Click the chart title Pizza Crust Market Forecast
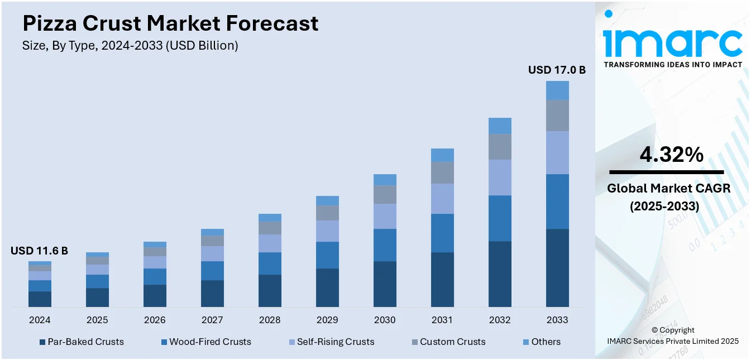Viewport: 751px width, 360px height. point(170,23)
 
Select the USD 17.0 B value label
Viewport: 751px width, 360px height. point(557,70)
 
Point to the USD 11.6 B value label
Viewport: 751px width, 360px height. point(39,251)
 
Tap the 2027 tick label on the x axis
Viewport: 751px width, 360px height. point(212,320)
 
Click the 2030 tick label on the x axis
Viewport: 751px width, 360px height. point(385,320)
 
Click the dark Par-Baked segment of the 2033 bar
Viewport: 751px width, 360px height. point(557,268)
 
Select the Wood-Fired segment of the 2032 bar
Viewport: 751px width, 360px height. point(500,218)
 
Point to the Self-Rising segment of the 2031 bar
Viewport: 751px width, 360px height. point(442,199)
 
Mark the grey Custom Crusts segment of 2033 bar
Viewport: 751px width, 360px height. point(557,116)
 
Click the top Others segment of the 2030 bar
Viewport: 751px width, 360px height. point(385,180)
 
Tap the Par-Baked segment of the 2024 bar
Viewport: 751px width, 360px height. point(40,299)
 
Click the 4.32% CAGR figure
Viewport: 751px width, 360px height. point(671,155)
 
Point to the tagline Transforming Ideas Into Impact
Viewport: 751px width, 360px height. point(673,64)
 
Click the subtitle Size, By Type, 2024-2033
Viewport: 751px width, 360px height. point(130,46)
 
